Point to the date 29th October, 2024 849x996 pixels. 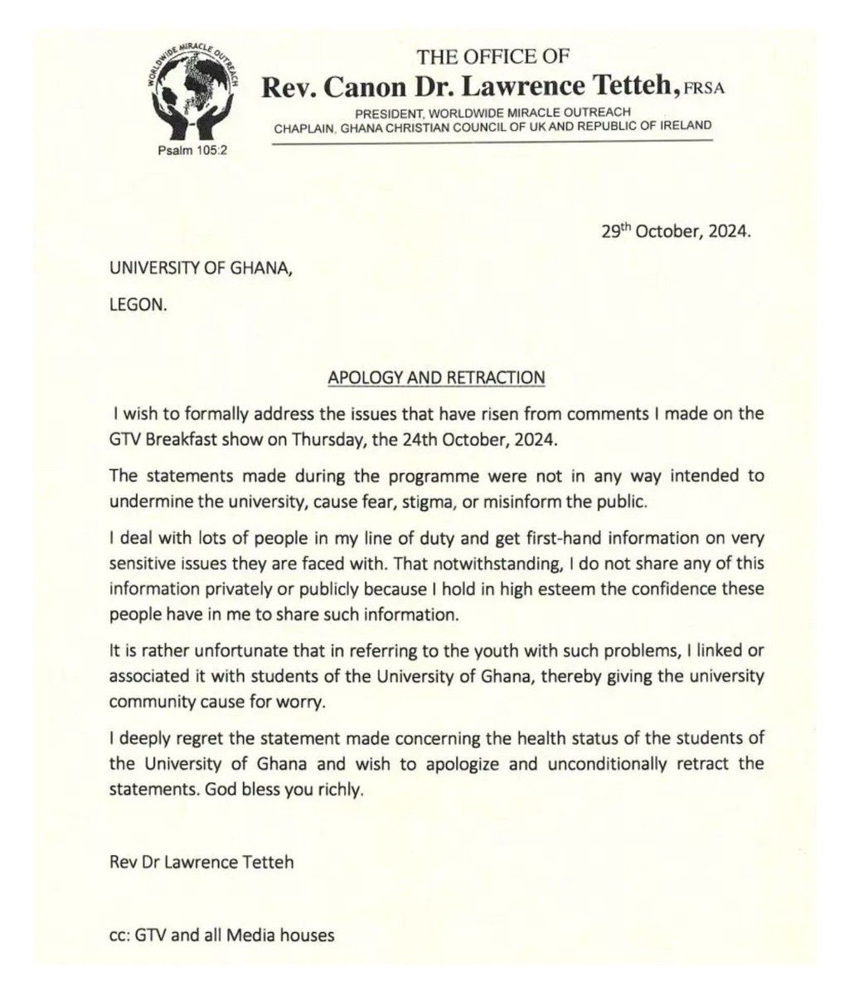tap(676, 233)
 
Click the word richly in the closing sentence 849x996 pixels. tap(339, 791)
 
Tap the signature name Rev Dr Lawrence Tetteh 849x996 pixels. tap(201, 862)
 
